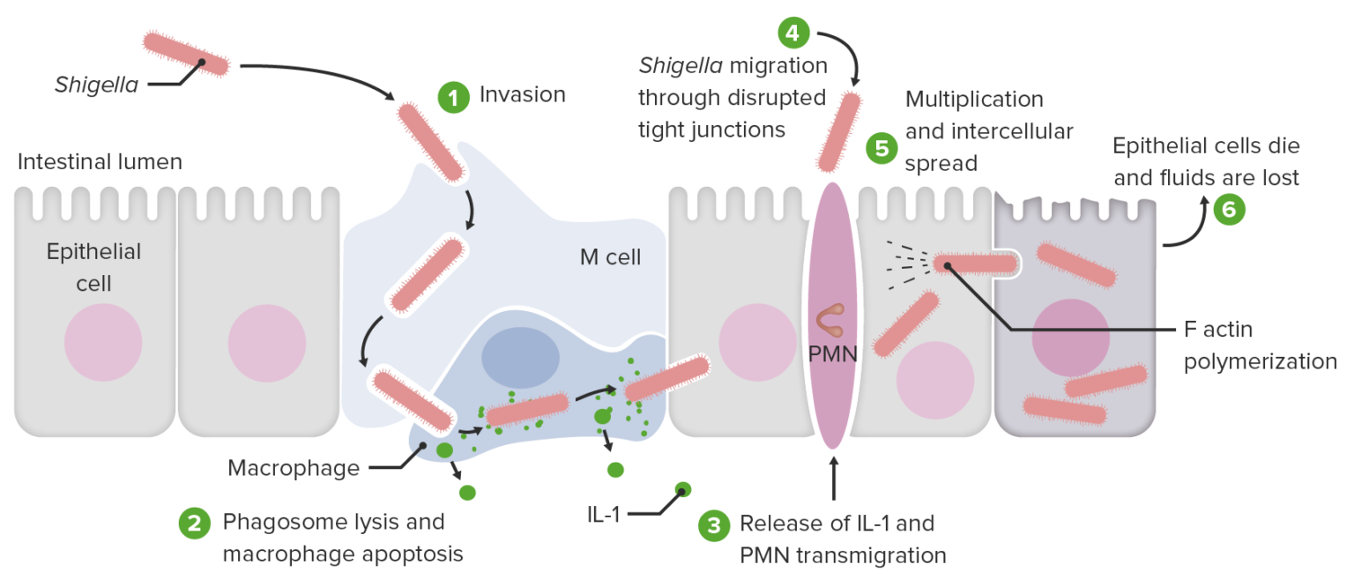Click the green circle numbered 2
click(195, 524)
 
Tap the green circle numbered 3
click(713, 526)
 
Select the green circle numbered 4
click(793, 33)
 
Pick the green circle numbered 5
click(881, 148)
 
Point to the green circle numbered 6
click(1229, 210)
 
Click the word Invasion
click(522, 94)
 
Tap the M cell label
click(610, 257)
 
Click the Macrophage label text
click(294, 468)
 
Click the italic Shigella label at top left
click(96, 85)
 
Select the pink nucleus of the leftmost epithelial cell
click(103, 342)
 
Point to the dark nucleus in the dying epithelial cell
click(1070, 338)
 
